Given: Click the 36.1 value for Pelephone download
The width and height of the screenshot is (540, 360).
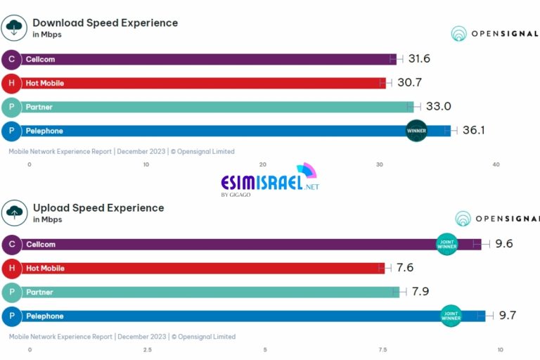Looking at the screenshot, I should pos(473,130).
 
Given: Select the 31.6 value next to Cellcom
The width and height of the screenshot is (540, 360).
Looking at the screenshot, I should pos(419,58).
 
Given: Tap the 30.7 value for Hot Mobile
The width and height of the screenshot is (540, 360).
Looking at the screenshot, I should pos(409,82).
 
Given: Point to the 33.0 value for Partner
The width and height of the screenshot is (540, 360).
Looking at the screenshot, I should pos(438,107).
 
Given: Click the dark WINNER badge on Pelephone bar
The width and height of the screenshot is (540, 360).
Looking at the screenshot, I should pos(416,131).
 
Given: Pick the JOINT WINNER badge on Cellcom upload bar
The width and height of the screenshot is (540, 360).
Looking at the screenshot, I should pos(447,243).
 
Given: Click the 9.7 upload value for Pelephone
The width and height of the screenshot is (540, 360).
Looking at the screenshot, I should pos(508,316).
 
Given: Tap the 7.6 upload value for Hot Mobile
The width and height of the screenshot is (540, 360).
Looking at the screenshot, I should pos(405,268).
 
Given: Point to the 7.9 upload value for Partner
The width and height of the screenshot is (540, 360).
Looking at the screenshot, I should pos(419,292).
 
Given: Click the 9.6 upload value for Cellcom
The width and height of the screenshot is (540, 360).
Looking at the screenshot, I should pos(503,244).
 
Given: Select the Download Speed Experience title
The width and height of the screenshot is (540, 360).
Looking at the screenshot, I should pos(105,22).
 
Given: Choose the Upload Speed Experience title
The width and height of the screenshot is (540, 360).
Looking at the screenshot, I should pos(98,207).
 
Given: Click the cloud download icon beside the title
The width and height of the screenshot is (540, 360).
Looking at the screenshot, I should pos(14,27).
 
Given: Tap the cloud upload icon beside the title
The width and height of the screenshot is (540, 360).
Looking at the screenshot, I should pos(14,212).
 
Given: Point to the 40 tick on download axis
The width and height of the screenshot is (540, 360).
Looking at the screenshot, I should pos(496,165).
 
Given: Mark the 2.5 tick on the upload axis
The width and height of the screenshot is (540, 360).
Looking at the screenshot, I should pos(148,349).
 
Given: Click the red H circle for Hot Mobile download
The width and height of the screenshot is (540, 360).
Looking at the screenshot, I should pos(11,83).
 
